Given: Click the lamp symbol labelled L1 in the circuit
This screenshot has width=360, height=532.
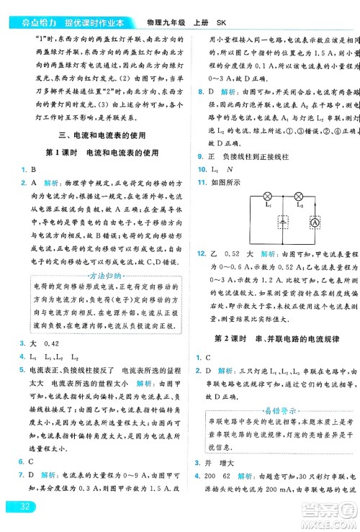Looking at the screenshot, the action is (x=268, y=197).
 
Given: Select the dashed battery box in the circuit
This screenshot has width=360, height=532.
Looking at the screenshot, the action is (x=283, y=222).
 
